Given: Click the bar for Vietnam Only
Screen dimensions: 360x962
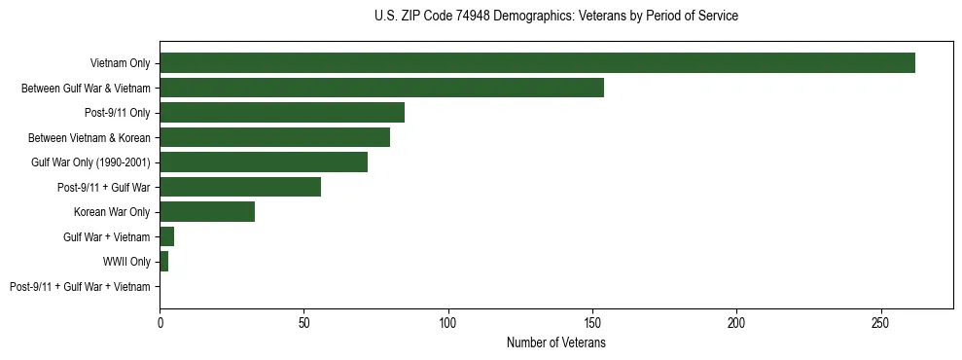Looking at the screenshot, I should pyautogui.click(x=537, y=63).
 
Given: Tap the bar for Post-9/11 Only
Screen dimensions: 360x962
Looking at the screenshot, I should pyautogui.click(x=282, y=112).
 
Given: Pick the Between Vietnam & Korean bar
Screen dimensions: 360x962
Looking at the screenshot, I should pyautogui.click(x=274, y=137).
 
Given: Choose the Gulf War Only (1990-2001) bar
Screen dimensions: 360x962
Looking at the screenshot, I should pyautogui.click(x=264, y=162).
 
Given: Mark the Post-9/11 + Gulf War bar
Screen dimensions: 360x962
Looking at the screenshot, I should pyautogui.click(x=240, y=187).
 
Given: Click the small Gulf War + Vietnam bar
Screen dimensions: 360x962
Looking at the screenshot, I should pyautogui.click(x=167, y=236).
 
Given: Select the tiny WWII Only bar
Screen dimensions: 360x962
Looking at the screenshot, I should pyautogui.click(x=164, y=261).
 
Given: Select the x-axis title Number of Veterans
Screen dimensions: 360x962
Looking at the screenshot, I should pyautogui.click(x=556, y=342).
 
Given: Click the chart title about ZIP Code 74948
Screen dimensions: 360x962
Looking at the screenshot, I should pyautogui.click(x=556, y=17).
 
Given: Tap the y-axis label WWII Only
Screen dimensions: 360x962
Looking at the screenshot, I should pyautogui.click(x=126, y=262).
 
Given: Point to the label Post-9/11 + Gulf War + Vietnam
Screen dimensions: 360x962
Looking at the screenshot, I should pyautogui.click(x=80, y=286).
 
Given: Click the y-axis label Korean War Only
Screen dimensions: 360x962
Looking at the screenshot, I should pyautogui.click(x=112, y=212).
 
